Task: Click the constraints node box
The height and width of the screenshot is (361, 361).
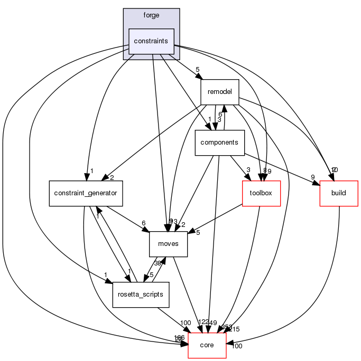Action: (x=151, y=41)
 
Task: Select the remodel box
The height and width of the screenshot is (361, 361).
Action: (x=219, y=92)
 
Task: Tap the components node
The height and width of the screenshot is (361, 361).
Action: (x=219, y=142)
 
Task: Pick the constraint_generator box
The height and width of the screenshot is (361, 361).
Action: (x=86, y=193)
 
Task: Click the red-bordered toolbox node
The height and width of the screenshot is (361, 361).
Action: (x=257, y=193)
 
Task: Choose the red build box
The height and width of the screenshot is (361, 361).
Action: (x=339, y=193)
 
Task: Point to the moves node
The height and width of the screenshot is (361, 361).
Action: (x=169, y=244)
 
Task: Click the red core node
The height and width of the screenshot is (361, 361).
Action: (x=207, y=345)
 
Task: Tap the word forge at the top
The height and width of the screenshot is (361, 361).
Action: (x=151, y=15)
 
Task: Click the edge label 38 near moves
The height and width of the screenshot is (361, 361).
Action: (x=158, y=263)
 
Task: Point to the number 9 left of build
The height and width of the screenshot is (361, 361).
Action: (x=313, y=177)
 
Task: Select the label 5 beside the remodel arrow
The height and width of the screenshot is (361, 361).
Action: (x=197, y=69)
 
